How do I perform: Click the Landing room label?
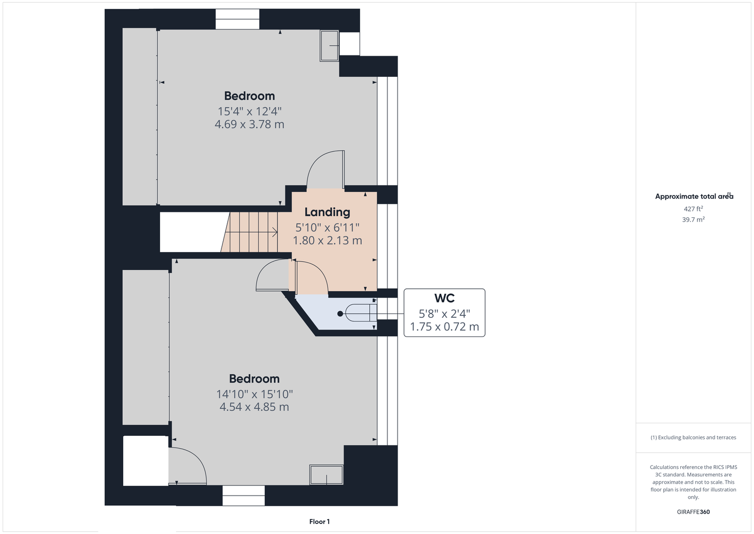tap(327, 212)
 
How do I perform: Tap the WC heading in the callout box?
tap(445, 298)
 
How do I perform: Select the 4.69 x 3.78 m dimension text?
tap(249, 124)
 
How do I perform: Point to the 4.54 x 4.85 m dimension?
tap(254, 407)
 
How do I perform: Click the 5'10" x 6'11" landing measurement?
tap(327, 227)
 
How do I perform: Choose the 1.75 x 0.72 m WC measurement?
tap(445, 326)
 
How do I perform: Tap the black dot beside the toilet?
tap(340, 313)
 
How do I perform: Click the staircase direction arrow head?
tap(275, 232)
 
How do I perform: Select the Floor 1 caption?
tap(320, 522)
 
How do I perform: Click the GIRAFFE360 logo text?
tap(693, 512)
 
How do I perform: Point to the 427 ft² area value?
tap(693, 209)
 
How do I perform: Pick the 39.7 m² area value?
tap(693, 219)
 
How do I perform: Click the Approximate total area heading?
tap(694, 196)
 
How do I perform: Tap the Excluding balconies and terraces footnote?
tap(693, 437)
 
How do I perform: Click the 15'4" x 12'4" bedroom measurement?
tap(249, 111)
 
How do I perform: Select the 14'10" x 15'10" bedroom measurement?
tap(255, 394)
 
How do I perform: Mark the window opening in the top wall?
tap(237, 19)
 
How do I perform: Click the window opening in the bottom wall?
tap(243, 495)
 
